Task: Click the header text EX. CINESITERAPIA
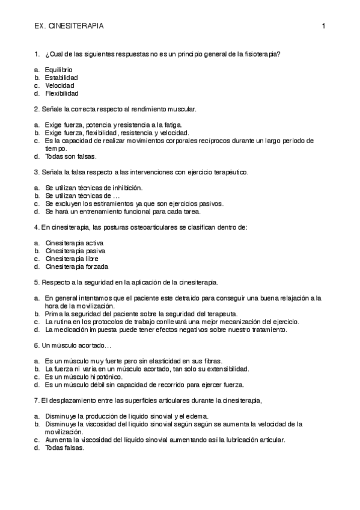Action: pyautogui.click(x=69, y=26)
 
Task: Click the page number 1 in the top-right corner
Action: pyautogui.click(x=323, y=26)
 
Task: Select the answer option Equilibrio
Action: pyautogui.click(x=59, y=70)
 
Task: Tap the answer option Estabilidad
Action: pyautogui.click(x=61, y=78)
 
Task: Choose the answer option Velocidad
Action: pyautogui.click(x=59, y=85)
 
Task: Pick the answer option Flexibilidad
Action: pyautogui.click(x=61, y=93)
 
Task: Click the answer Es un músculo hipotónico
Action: pyautogui.click(x=84, y=376)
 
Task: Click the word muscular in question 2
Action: pyautogui.click(x=181, y=109)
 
